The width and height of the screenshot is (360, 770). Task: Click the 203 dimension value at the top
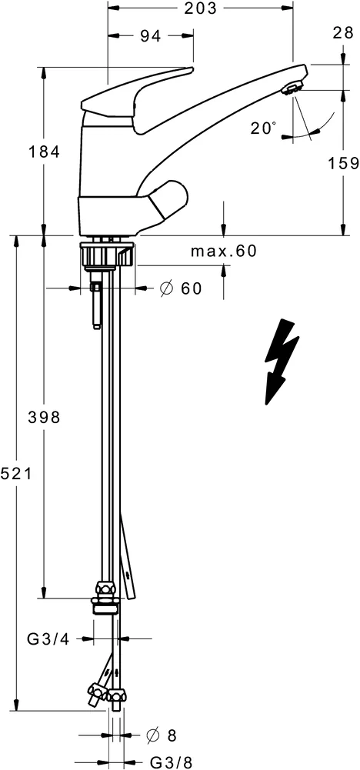pyautogui.click(x=199, y=8)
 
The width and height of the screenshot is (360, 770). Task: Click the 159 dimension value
pyautogui.click(x=343, y=163)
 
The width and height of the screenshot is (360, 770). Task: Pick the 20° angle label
pyautogui.click(x=263, y=128)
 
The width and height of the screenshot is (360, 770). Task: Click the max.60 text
pyautogui.click(x=223, y=251)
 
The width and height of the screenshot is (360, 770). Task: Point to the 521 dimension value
pyautogui.click(x=15, y=474)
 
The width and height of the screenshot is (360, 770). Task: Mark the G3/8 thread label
pyautogui.click(x=169, y=762)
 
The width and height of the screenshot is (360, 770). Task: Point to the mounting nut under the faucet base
pyautogui.click(x=107, y=254)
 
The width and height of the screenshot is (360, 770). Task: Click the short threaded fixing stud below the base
pyautogui.click(x=95, y=304)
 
